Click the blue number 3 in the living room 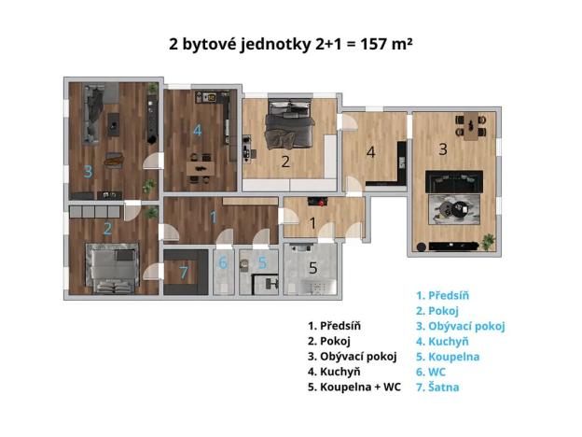point(88,171)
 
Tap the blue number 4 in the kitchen point(197,131)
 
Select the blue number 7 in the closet point(184,273)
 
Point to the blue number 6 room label point(223,263)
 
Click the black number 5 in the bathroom point(313,268)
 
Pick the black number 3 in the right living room point(444,149)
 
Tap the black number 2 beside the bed point(286,162)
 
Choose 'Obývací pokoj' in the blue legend point(465,326)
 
